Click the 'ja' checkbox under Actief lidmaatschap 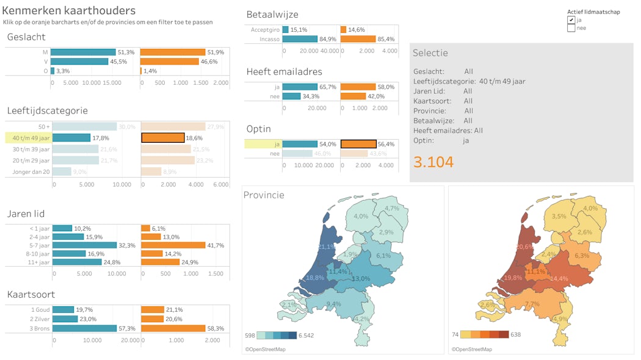(571, 20)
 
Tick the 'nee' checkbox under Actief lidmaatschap (571, 28)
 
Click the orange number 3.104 (433, 162)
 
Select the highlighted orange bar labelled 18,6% (163, 138)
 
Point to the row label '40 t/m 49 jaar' (30, 138)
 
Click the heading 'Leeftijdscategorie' (48, 110)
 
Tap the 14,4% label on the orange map (559, 278)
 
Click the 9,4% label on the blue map (333, 304)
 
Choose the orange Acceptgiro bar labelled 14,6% (343, 29)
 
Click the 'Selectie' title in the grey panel (430, 53)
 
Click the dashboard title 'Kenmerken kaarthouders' (69, 10)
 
